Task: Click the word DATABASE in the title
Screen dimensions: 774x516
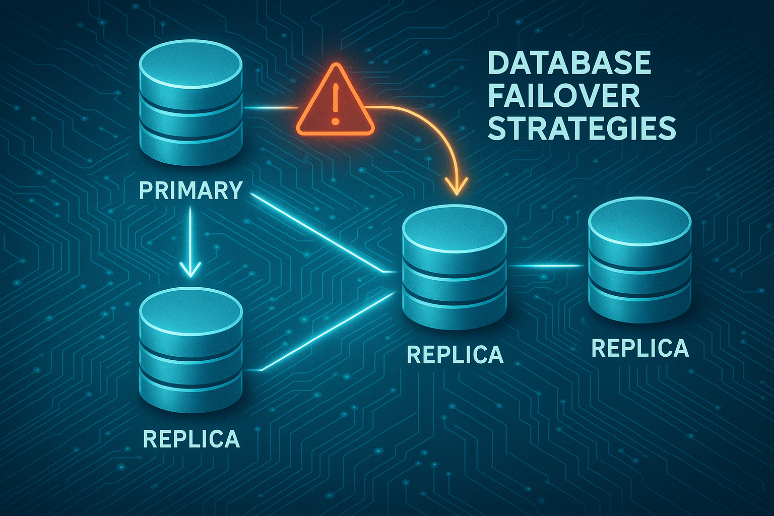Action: point(569,63)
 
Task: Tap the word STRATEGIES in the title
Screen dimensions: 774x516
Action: point(582,128)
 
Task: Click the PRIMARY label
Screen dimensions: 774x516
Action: point(191,190)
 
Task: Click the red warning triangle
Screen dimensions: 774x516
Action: point(335,100)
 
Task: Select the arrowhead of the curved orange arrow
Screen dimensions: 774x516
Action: point(457,186)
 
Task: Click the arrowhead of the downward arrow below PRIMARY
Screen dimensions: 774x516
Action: point(190,269)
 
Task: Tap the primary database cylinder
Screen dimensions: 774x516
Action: point(190,103)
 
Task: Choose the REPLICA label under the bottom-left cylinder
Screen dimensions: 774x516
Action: point(191,439)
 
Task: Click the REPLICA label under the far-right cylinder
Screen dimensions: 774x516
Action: point(640,348)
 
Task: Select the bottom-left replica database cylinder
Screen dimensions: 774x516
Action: point(191,350)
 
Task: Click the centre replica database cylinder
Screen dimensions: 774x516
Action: point(455,267)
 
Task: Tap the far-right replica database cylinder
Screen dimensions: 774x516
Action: point(640,260)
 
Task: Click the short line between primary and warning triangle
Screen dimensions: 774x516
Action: point(271,108)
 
